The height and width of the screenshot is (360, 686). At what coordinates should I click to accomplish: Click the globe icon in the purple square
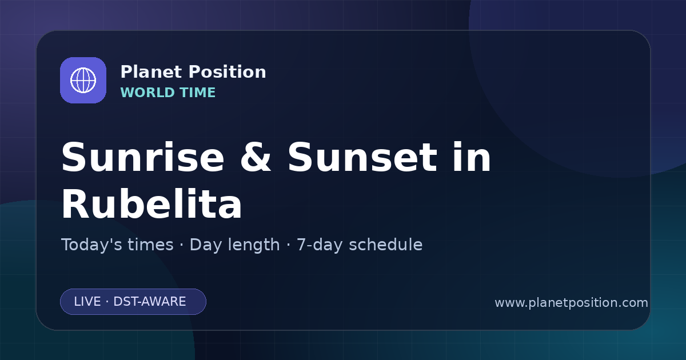[x=83, y=80]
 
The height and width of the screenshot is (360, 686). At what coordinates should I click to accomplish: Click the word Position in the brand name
[x=228, y=72]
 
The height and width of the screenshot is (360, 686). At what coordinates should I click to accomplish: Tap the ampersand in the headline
[x=256, y=157]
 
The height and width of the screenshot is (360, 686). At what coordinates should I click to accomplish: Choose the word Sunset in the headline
[x=362, y=157]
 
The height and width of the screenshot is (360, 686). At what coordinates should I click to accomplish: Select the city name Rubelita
[x=151, y=203]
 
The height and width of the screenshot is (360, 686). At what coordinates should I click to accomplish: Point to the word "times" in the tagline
[x=150, y=245]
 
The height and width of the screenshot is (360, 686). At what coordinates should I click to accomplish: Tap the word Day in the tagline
[x=205, y=246]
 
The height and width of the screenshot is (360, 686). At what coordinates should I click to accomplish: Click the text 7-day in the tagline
[x=320, y=246]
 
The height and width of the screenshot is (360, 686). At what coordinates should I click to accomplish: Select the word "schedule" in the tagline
[x=385, y=245]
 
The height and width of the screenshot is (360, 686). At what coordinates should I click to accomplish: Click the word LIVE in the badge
[x=87, y=302]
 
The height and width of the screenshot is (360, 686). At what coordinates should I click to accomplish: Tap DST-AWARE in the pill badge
[x=149, y=302]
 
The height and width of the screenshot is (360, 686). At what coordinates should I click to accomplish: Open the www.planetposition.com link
[x=571, y=303]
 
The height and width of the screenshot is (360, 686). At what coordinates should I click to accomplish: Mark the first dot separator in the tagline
[x=182, y=246]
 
